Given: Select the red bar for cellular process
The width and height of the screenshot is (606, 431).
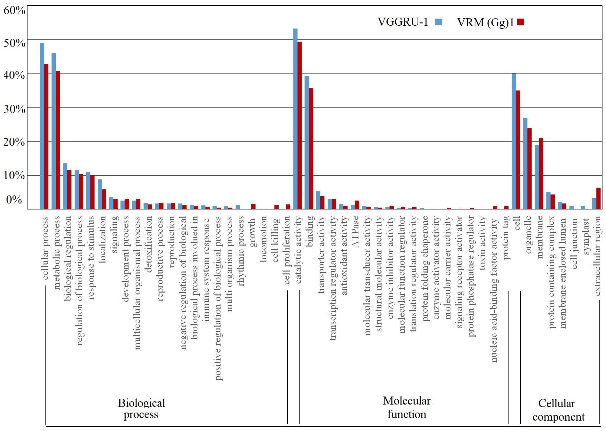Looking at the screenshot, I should (46, 137).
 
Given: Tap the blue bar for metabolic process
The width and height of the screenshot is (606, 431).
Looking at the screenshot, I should (53, 131).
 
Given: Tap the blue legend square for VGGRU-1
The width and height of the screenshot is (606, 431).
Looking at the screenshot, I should (439, 22).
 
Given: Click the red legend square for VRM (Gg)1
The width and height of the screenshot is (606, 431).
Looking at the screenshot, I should (520, 22).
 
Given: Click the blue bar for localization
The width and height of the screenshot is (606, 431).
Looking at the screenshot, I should (100, 194).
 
